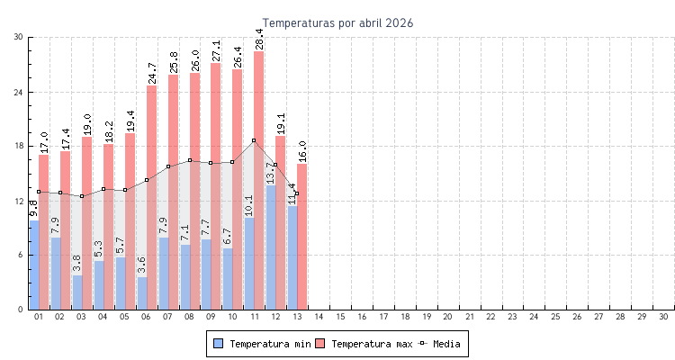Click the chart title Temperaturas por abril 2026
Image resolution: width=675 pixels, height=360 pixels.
coord(337,22)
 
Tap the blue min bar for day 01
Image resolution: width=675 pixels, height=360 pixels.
coord(34,265)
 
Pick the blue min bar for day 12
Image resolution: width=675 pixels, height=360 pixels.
coord(270,247)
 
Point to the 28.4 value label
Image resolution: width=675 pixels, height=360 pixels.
coord(259,39)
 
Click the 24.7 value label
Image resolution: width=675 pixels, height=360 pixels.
coord(151,73)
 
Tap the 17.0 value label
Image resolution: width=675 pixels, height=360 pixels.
coord(44,142)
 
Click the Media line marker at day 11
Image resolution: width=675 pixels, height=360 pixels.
coord(254,140)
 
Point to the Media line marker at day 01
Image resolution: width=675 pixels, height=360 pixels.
coord(39,192)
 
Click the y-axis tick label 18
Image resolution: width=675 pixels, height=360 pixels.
coord(19,146)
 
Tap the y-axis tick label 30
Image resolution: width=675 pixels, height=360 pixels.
coord(19,37)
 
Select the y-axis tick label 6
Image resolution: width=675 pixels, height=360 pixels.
coord(21,255)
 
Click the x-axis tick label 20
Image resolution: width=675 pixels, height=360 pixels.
coord(448,317)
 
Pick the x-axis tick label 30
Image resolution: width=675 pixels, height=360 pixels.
coord(663,317)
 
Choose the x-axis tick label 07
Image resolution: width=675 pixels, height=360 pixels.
coord(167,317)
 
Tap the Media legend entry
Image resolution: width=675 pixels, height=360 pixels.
coord(441,344)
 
